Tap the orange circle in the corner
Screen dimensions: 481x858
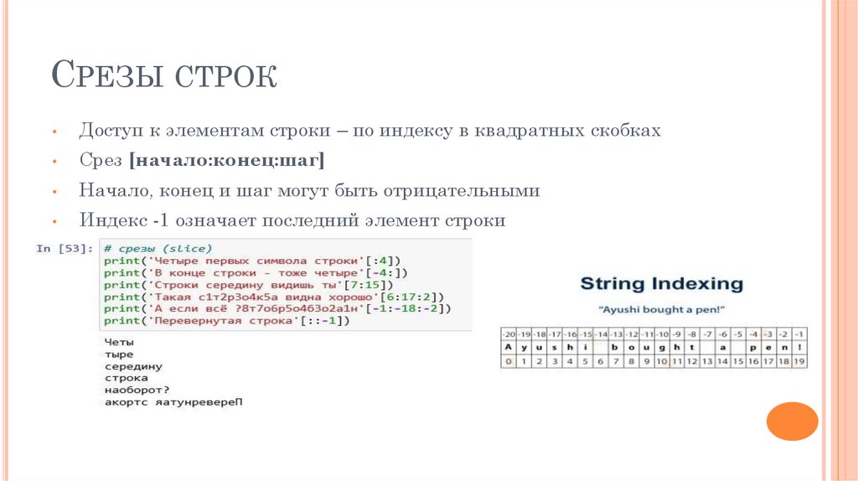click(792, 422)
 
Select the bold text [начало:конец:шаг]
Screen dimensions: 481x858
click(226, 160)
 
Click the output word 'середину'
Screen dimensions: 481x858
click(133, 366)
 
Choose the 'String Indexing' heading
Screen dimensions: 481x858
click(661, 283)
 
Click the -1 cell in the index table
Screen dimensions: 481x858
click(800, 334)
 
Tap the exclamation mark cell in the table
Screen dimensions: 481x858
click(800, 347)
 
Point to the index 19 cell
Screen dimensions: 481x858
click(800, 361)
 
